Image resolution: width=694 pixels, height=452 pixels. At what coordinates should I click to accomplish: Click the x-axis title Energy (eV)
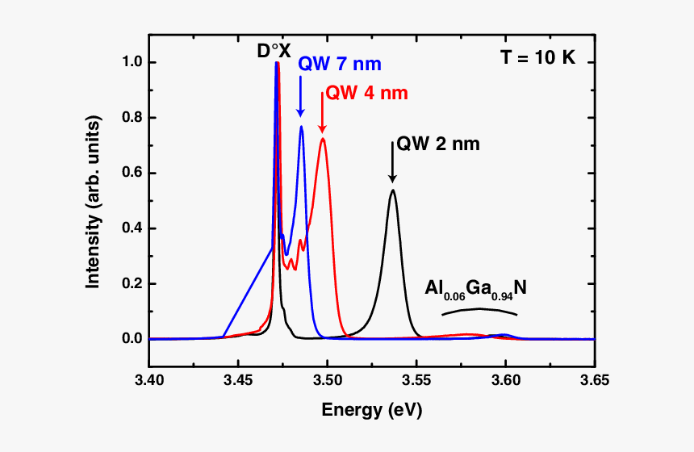pyautogui.click(x=372, y=410)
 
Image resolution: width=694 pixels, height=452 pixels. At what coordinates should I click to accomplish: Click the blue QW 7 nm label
pyautogui.click(x=339, y=64)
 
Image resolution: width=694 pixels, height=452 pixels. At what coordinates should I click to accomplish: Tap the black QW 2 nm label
pyautogui.click(x=438, y=145)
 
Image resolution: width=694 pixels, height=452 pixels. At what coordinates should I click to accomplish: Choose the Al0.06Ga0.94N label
pyautogui.click(x=476, y=289)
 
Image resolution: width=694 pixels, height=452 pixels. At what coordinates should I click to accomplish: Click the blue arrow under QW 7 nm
pyautogui.click(x=300, y=98)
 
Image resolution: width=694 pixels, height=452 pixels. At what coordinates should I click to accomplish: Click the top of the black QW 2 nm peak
pyautogui.click(x=393, y=190)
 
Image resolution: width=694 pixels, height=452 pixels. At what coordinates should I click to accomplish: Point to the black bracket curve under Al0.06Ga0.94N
pyautogui.click(x=479, y=309)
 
